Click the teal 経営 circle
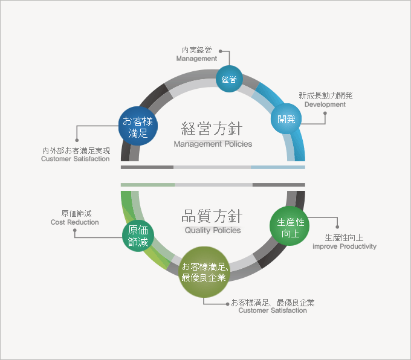229,79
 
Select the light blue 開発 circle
286,118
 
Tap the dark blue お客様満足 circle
138,126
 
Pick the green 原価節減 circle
138,236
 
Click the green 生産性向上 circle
290,226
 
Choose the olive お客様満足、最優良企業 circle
204,272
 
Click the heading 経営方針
212,129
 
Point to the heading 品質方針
212,216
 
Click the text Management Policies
213,144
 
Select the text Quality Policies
213,230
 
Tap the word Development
325,104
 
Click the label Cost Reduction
75,222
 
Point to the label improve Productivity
345,246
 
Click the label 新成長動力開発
326,95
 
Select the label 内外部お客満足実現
76,150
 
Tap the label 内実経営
197,50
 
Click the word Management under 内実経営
196,59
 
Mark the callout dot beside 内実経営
221,51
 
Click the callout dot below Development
325,113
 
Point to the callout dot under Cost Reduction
75,230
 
